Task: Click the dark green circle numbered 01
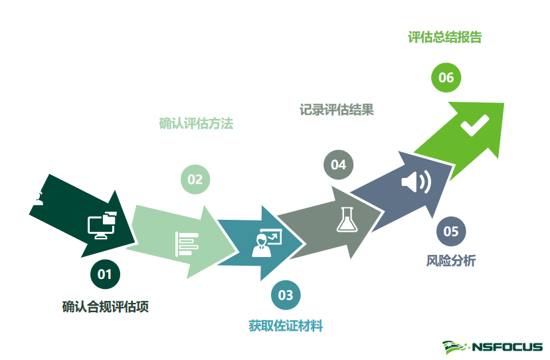(x=105, y=273)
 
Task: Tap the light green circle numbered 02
(x=195, y=179)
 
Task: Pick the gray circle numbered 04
(x=339, y=165)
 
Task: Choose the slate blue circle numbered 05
(x=451, y=231)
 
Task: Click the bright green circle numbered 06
(x=446, y=78)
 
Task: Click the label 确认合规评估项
(x=105, y=306)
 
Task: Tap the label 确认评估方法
(x=196, y=124)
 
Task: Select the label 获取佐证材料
(x=286, y=325)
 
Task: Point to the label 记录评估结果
(x=336, y=110)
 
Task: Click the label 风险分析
(x=450, y=261)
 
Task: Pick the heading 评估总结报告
(x=444, y=37)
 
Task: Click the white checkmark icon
(x=474, y=125)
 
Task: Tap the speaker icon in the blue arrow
(x=416, y=181)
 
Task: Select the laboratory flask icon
(x=345, y=220)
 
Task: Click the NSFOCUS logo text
(x=507, y=347)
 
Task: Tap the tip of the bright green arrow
(x=503, y=104)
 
